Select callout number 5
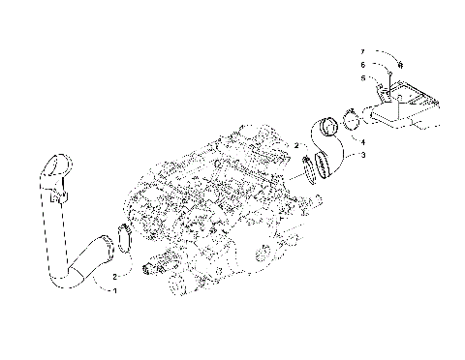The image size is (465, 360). pyautogui.click(x=363, y=77)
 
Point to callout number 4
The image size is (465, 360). pyautogui.click(x=363, y=143)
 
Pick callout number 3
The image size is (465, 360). pyautogui.click(x=363, y=155)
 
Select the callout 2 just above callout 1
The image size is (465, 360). pyautogui.click(x=114, y=277)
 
